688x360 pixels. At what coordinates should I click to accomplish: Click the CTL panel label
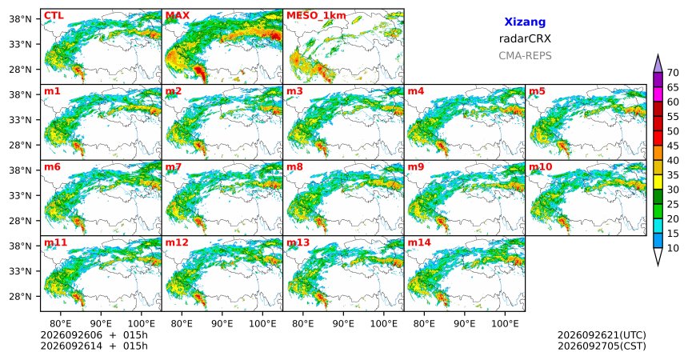point(54,16)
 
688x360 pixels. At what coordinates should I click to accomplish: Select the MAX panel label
point(178,16)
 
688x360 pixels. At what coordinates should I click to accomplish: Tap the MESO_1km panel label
point(316,16)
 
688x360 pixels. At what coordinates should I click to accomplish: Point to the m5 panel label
point(537,91)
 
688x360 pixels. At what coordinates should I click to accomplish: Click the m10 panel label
point(541,167)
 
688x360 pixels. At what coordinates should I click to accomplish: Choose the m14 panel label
point(419,242)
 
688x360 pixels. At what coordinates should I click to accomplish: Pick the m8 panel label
point(295,167)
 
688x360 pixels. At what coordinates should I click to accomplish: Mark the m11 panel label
point(56,242)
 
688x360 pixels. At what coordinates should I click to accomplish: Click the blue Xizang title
point(525,22)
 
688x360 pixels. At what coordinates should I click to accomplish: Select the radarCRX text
point(525,38)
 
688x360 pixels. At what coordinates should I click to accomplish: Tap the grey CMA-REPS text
point(525,56)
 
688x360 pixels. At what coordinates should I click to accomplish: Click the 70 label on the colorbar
point(673,73)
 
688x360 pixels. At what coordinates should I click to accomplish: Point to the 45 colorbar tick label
point(673,146)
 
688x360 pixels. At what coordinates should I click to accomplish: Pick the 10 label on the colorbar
point(673,248)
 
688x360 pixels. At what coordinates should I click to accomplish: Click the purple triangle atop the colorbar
point(658,65)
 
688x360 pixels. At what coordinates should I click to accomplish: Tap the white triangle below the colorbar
point(658,255)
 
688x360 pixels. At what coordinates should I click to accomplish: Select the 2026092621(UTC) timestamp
point(602,335)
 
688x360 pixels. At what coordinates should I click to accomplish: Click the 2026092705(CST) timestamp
point(602,346)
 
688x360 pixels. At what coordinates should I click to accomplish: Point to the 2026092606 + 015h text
point(94,335)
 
